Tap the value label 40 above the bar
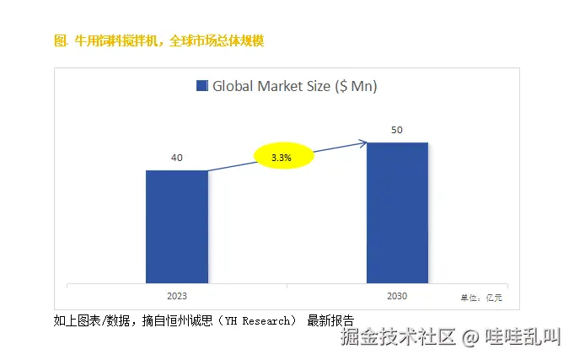point(177,158)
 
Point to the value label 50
point(397,130)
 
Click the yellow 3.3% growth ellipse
point(283,157)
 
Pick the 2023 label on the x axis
point(177,296)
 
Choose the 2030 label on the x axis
point(397,296)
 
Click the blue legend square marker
point(201,86)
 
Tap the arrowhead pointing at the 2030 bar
point(362,143)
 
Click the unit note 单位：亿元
point(480,297)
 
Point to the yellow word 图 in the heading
point(59,40)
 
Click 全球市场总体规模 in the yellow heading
point(217,40)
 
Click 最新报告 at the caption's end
point(330,320)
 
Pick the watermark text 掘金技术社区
point(398,338)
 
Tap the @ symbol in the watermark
point(471,338)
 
